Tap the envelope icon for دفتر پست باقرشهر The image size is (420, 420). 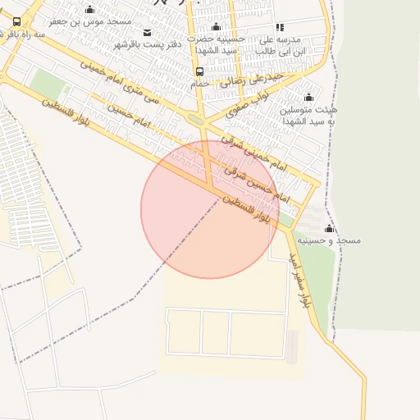pyautogui.click(x=147, y=32)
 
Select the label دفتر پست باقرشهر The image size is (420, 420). pyautogui.click(x=147, y=43)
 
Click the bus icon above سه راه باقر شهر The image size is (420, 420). pyautogui.click(x=17, y=22)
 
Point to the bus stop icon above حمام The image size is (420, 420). pyautogui.click(x=200, y=71)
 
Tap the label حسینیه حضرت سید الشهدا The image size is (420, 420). pyautogui.click(x=216, y=44)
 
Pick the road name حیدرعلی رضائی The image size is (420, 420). pyautogui.click(x=251, y=79)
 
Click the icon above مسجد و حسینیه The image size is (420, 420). pyautogui.click(x=329, y=228)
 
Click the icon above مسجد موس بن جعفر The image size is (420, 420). pyautogui.click(x=89, y=9)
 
